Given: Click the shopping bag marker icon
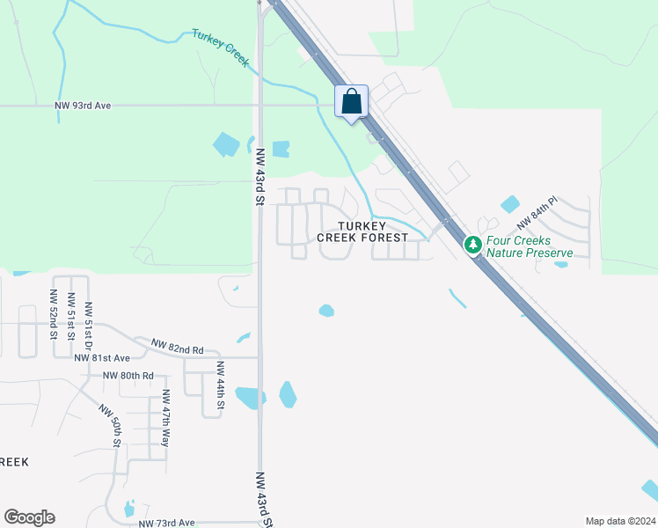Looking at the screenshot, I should (x=352, y=101).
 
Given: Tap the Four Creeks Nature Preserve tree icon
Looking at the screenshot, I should (x=473, y=244).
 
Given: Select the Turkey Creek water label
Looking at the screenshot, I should (x=221, y=46).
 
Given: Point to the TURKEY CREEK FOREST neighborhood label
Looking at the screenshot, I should (x=362, y=231).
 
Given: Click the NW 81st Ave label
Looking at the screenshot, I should (x=102, y=358).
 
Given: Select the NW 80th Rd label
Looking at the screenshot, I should (x=128, y=376).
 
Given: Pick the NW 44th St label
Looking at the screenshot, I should (x=219, y=392).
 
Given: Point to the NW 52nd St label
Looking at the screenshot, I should (x=54, y=314).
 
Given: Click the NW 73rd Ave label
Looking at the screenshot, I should (x=167, y=523).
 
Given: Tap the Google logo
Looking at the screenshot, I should (x=29, y=517).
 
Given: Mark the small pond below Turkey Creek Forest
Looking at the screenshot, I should (x=326, y=311).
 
